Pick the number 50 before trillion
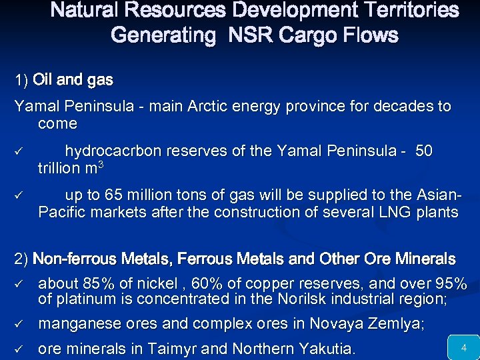click(423, 151)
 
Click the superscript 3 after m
click(100, 165)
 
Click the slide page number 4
click(463, 347)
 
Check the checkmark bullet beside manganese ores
click(20, 325)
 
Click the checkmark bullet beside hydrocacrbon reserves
click(20, 152)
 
